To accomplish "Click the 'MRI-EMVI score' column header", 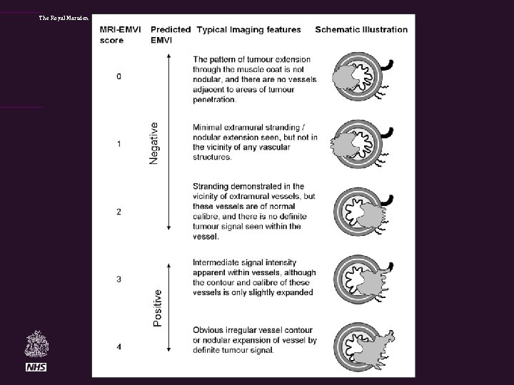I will pos(119,34).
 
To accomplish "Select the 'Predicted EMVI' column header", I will pos(171,34).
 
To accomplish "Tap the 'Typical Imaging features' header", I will pos(248,29).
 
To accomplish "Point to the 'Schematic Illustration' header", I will pos(361,29).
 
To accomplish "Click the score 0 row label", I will pos(119,76).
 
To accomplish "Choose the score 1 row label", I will pos(119,144).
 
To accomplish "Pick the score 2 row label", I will pos(119,212).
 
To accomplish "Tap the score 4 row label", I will pos(119,346).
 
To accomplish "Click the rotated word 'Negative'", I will pos(154,143).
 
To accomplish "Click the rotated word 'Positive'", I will pos(157,307).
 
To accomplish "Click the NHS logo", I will pos(36,366).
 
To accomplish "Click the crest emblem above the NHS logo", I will pos(36,344).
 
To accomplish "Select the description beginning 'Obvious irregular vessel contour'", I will pos(254,339).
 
